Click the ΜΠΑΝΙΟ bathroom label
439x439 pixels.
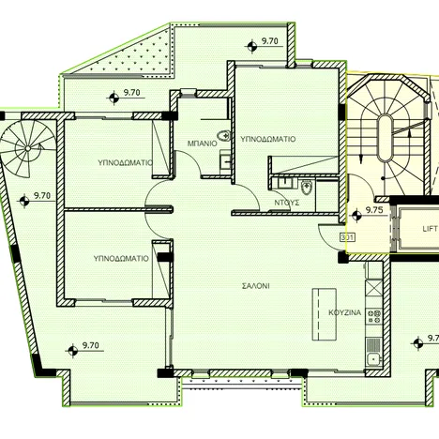click(202, 144)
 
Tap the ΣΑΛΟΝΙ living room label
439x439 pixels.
click(256, 286)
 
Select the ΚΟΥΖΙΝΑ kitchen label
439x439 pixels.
click(345, 312)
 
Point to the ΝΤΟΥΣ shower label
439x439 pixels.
click(287, 203)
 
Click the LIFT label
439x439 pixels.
click(430, 229)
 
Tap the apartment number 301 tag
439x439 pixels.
click(347, 237)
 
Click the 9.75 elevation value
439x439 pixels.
click(374, 210)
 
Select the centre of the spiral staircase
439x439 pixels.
click(27, 148)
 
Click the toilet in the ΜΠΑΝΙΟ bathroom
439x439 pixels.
click(224, 136)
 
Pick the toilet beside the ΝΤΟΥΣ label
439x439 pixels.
click(306, 188)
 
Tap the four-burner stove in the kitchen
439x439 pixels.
click(374, 316)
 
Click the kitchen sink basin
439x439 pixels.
click(372, 358)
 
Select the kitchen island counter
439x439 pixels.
click(325, 314)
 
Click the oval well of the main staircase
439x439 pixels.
click(385, 138)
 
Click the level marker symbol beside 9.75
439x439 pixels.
click(356, 215)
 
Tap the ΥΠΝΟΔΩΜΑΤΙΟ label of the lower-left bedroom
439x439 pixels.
click(121, 259)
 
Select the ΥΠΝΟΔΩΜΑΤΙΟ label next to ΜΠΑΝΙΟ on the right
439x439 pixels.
click(267, 139)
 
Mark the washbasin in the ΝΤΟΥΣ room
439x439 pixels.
click(285, 182)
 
